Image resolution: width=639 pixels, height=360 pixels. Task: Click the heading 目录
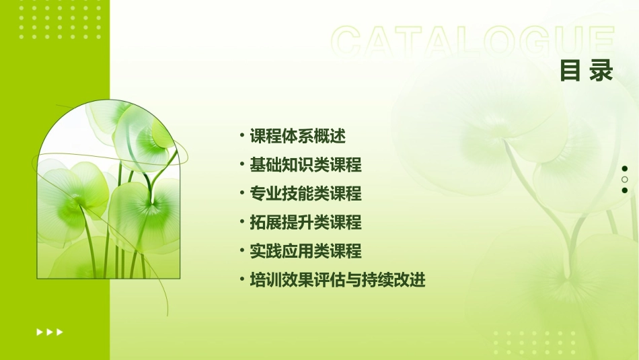click(x=587, y=71)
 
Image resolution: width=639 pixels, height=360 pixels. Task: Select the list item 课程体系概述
click(x=297, y=136)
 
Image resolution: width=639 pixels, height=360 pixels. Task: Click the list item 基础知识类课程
click(x=305, y=165)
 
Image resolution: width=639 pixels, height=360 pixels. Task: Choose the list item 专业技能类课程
click(x=305, y=194)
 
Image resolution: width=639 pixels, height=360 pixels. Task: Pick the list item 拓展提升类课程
click(x=305, y=223)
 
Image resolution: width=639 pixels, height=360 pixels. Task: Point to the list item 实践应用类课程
click(x=305, y=252)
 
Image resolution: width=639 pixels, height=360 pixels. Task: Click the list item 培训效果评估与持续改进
click(x=337, y=281)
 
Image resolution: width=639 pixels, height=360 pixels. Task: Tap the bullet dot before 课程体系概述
click(x=242, y=136)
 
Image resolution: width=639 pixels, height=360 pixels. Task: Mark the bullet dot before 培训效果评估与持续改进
click(x=242, y=280)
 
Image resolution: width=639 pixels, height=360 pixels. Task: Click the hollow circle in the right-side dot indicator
click(x=625, y=180)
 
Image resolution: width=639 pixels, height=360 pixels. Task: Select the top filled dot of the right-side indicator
click(x=625, y=169)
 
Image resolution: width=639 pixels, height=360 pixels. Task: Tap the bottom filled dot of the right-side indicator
click(x=625, y=190)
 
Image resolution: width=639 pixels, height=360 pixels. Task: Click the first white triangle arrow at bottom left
click(x=39, y=332)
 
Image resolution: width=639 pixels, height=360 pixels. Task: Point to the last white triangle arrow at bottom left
click(x=60, y=332)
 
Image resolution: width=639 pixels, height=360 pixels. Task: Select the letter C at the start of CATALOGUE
click(x=350, y=42)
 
